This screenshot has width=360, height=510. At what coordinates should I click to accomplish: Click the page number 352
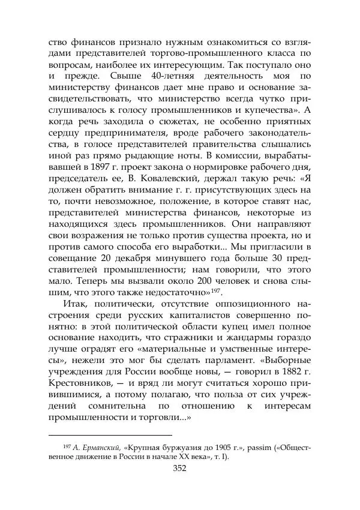tap(179, 468)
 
